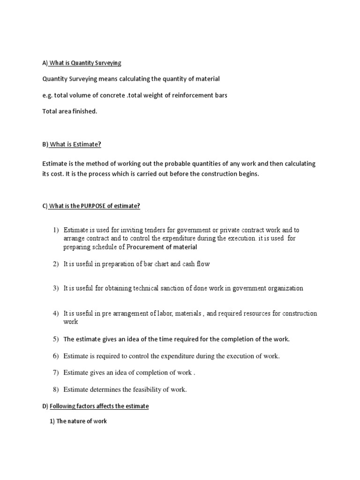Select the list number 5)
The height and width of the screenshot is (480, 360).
(x=56, y=339)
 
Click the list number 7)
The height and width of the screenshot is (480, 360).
(x=56, y=373)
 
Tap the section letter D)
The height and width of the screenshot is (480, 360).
(x=45, y=406)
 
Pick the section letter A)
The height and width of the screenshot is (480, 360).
(x=45, y=63)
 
